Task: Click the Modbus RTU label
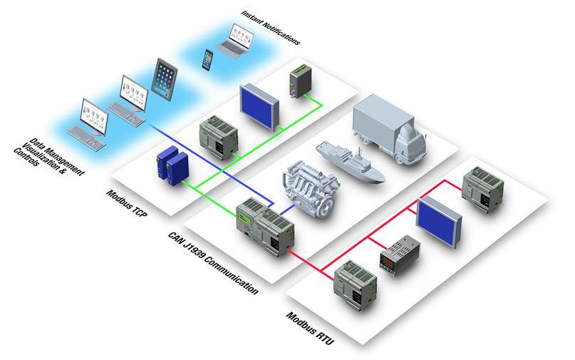click(x=310, y=329)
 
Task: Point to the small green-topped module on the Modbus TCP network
click(x=298, y=82)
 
